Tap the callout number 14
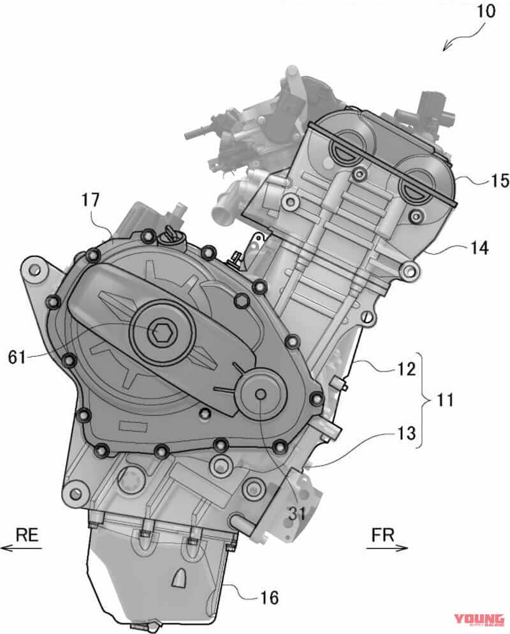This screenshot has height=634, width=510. coord(477,250)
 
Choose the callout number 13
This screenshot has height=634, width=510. coord(405,434)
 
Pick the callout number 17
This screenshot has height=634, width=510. coord(92,200)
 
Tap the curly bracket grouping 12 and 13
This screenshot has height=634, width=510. coord(426,400)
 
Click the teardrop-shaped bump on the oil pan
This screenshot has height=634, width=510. coord(180,579)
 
